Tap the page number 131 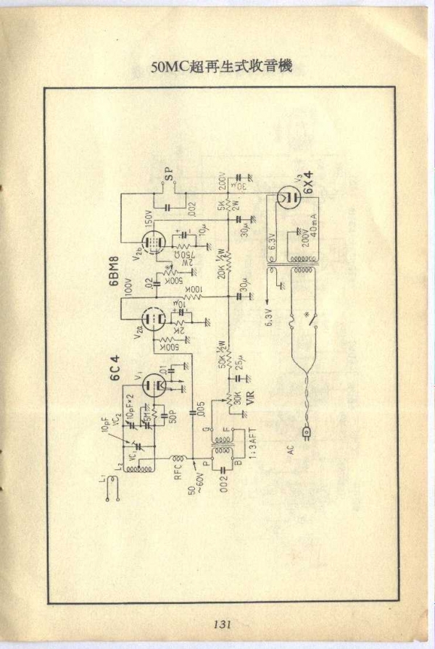point(222,624)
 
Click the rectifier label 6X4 point(310,185)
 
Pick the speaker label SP point(169,173)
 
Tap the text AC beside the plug point(291,450)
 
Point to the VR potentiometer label point(250,397)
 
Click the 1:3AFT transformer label point(250,447)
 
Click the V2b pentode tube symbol point(152,243)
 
